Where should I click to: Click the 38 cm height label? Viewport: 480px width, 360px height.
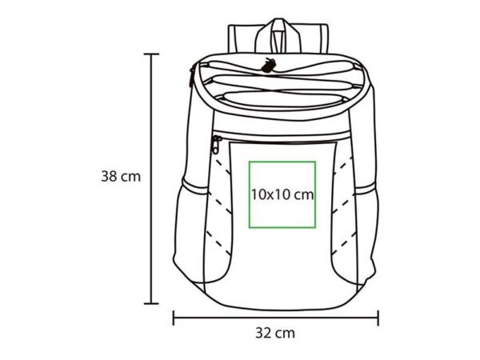(x=121, y=177)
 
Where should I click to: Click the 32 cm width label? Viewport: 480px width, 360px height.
(x=275, y=333)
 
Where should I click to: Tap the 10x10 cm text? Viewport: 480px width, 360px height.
(x=282, y=194)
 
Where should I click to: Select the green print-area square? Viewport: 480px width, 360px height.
(x=250, y=194)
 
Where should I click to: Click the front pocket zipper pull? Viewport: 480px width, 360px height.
(x=217, y=145)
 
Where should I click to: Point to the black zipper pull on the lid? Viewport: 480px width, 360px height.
(x=269, y=66)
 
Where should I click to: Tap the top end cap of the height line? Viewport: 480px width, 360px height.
(x=151, y=54)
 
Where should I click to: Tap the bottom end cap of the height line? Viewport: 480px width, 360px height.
(x=151, y=304)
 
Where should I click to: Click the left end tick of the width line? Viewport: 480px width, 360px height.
(x=174, y=318)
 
